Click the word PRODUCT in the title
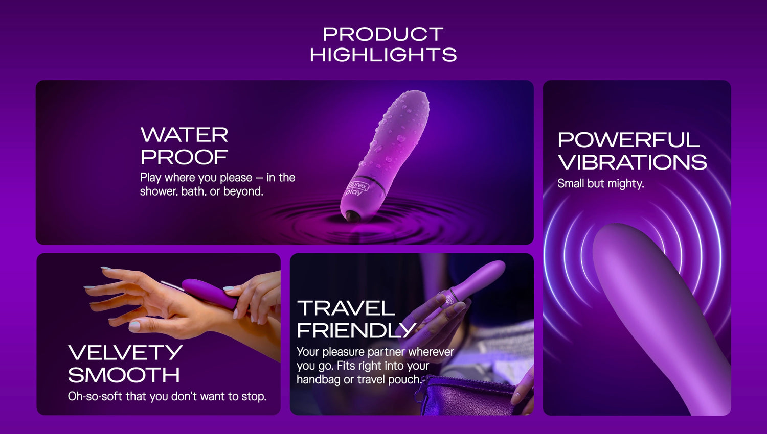383,34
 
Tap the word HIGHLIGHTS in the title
383,55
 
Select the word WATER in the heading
184,135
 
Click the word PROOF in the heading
184,157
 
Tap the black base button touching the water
353,216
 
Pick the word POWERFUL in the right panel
628,140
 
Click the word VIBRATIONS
632,162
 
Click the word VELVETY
125,352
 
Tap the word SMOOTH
124,375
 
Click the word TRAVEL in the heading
346,308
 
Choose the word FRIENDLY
356,330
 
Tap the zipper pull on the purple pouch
418,397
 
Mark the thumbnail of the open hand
134,327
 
